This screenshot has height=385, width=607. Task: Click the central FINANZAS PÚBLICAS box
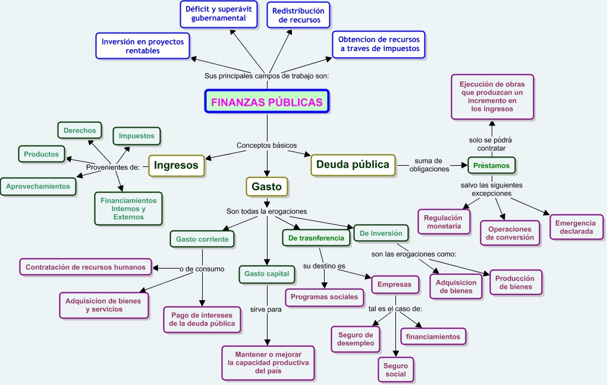(x=267, y=102)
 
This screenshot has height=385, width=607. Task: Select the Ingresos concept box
(x=176, y=165)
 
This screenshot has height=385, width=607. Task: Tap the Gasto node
(x=267, y=187)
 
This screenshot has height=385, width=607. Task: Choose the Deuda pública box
(x=353, y=165)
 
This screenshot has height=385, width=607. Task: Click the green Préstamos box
(x=491, y=166)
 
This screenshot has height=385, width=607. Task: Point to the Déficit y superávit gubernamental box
(x=219, y=14)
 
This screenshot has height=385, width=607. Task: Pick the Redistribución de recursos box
(x=298, y=15)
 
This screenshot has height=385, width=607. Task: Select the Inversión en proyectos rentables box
(x=143, y=46)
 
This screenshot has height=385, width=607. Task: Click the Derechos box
(x=80, y=130)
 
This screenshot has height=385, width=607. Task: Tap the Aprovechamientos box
(x=38, y=186)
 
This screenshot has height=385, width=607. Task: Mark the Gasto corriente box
(x=202, y=239)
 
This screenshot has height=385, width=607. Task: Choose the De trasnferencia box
(x=316, y=238)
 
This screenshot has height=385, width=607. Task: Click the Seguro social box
(x=395, y=370)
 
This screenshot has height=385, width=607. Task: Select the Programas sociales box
(x=325, y=297)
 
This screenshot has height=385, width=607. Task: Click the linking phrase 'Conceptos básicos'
(x=267, y=145)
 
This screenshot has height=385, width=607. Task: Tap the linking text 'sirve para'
(x=266, y=309)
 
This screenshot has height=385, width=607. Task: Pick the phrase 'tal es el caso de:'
(x=395, y=309)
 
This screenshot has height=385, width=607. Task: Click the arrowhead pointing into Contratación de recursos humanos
(x=156, y=267)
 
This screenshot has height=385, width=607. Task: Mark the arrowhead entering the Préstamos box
(x=464, y=165)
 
